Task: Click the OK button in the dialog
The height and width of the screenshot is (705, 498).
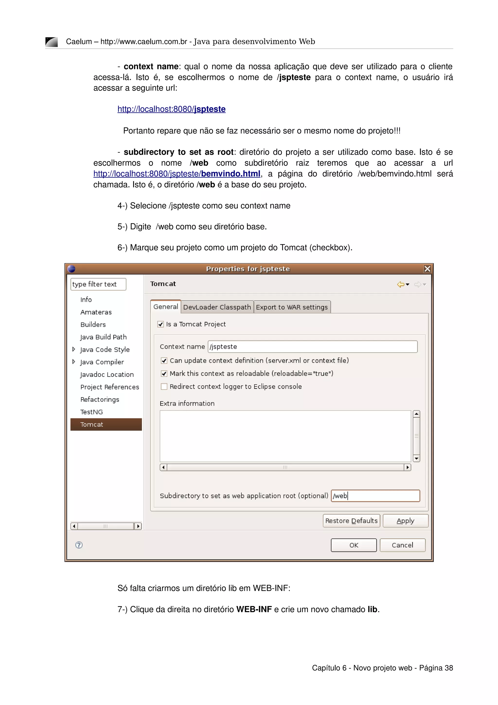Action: [354, 545]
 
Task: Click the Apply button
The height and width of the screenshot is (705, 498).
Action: [405, 521]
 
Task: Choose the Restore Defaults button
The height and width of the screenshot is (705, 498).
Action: [351, 521]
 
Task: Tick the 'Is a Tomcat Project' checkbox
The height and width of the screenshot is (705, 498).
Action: [160, 324]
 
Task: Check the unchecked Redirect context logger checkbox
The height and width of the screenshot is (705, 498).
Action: [164, 387]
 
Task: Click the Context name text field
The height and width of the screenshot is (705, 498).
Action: [312, 347]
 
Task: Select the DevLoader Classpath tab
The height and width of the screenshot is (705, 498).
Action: [217, 307]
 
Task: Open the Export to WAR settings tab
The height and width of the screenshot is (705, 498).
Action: [292, 307]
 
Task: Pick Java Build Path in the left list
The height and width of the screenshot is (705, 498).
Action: [103, 337]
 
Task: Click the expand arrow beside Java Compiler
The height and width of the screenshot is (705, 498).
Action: [74, 362]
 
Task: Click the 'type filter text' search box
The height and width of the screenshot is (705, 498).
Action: [98, 284]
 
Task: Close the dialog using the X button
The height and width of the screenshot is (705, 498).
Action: [427, 269]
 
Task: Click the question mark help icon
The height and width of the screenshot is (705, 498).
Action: [79, 545]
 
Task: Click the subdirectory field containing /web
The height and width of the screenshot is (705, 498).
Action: [375, 496]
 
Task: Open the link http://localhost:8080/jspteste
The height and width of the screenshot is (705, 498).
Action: [171, 109]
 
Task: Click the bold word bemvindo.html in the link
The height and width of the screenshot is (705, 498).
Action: [231, 174]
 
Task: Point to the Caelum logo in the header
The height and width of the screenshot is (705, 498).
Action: [52, 42]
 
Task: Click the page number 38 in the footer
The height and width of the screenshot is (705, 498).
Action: [449, 668]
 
